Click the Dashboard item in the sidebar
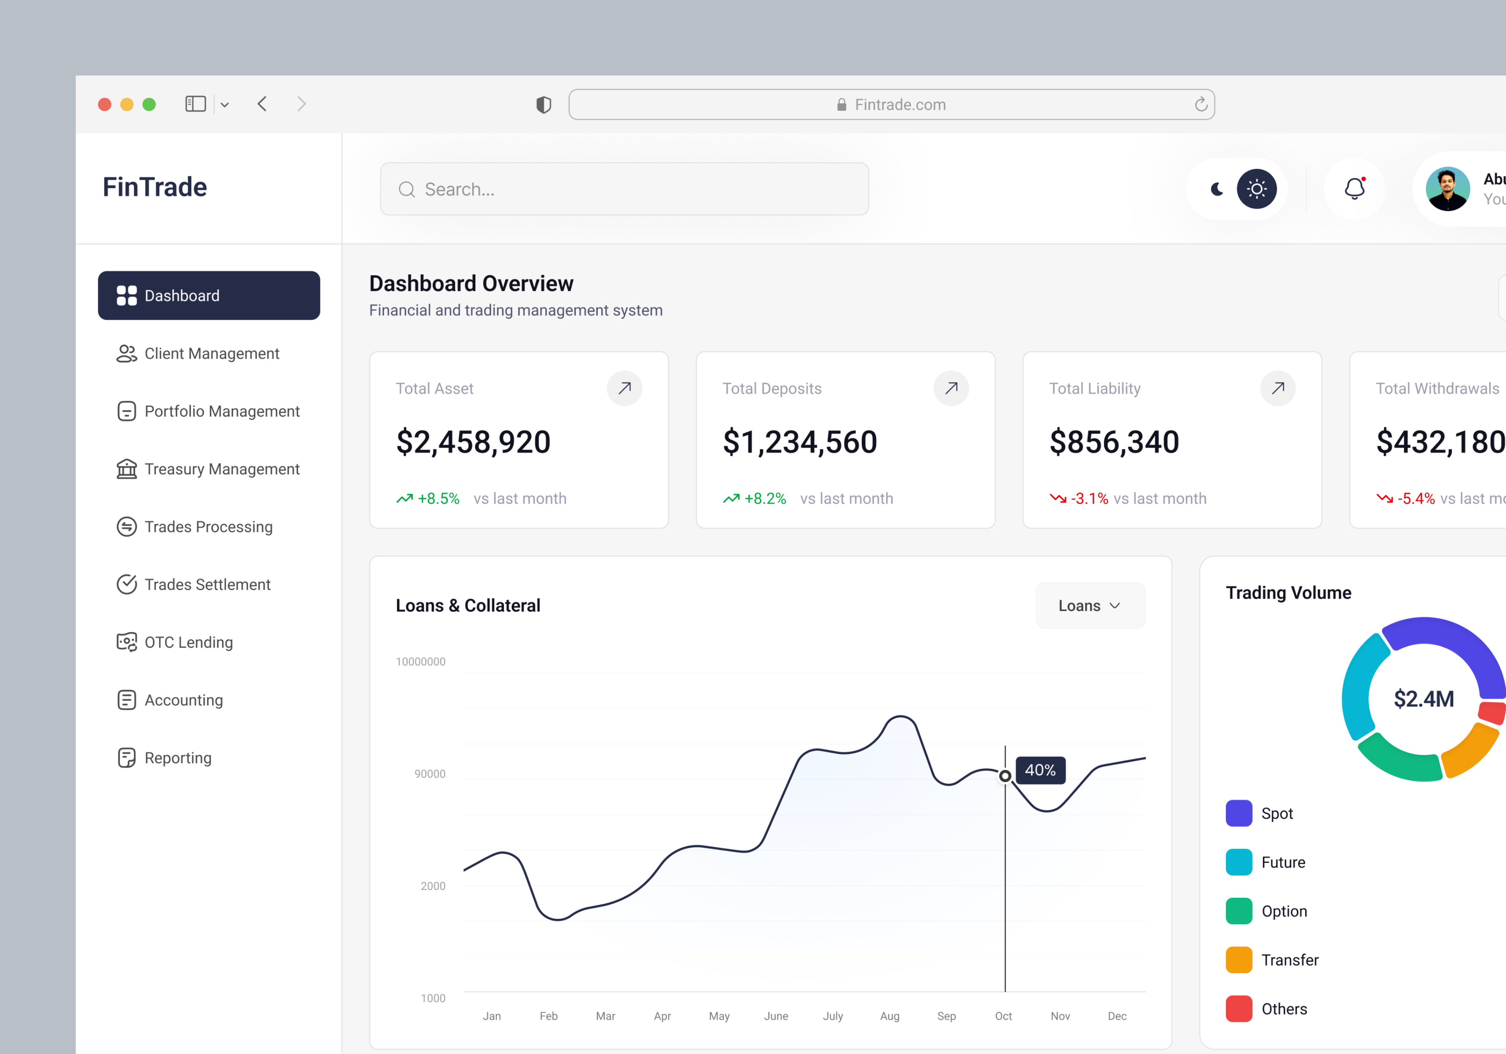pos(209,296)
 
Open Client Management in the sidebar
pos(211,354)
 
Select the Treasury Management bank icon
pos(126,469)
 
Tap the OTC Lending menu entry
pos(188,642)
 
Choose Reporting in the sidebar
pos(178,758)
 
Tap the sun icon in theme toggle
pos(1256,189)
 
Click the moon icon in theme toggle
pos(1216,189)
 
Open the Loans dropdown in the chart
pos(1089,605)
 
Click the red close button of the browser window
pos(104,104)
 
